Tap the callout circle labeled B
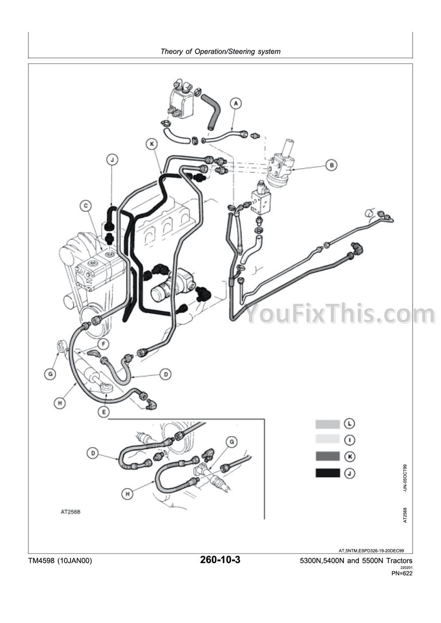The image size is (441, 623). (x=331, y=164)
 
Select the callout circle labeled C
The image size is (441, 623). (x=86, y=205)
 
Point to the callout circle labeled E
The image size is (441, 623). (x=103, y=411)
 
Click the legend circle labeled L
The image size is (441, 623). (x=349, y=424)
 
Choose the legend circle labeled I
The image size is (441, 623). (x=349, y=440)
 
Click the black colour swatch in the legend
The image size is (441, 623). (x=327, y=473)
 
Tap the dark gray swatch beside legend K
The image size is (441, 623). (x=327, y=457)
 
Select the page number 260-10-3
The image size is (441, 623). (x=220, y=560)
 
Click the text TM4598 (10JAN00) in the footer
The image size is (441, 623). (x=60, y=561)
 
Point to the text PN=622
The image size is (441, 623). (x=401, y=573)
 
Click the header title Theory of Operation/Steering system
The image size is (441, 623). (x=220, y=51)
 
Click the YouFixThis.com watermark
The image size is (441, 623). (x=340, y=313)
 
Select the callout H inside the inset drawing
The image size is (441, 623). (x=128, y=495)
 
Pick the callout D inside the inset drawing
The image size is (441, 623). (x=93, y=453)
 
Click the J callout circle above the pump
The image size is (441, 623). (x=113, y=160)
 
